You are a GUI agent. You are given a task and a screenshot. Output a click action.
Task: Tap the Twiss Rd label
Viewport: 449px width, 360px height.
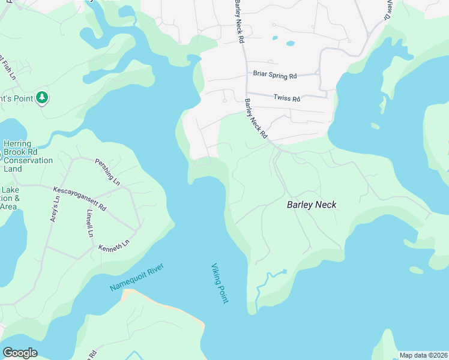286,98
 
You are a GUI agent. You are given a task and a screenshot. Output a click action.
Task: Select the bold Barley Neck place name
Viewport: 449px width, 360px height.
312,205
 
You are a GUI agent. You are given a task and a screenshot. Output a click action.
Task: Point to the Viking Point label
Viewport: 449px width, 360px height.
220,283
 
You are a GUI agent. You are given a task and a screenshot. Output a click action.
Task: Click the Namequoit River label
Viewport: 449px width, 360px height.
136,278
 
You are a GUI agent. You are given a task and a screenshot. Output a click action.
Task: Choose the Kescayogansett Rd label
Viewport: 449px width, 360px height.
79,198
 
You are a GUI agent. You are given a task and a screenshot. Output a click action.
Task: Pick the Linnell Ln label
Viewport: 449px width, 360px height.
89,223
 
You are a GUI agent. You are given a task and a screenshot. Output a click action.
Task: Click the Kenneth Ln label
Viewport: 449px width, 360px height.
114,246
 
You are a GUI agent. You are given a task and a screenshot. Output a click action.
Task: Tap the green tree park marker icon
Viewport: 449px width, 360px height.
41,97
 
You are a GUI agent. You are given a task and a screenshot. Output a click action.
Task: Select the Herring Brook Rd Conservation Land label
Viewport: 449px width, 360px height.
28,156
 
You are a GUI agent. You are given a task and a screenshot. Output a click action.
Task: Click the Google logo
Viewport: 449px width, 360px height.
20,352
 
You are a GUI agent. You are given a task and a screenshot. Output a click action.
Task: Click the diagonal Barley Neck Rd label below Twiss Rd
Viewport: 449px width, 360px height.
255,119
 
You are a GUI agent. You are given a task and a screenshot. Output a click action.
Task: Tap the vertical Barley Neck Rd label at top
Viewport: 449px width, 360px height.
240,22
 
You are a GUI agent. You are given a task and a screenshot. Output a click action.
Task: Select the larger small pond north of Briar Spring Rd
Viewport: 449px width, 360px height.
291,43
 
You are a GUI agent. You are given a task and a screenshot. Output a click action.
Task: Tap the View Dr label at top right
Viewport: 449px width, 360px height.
392,8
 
